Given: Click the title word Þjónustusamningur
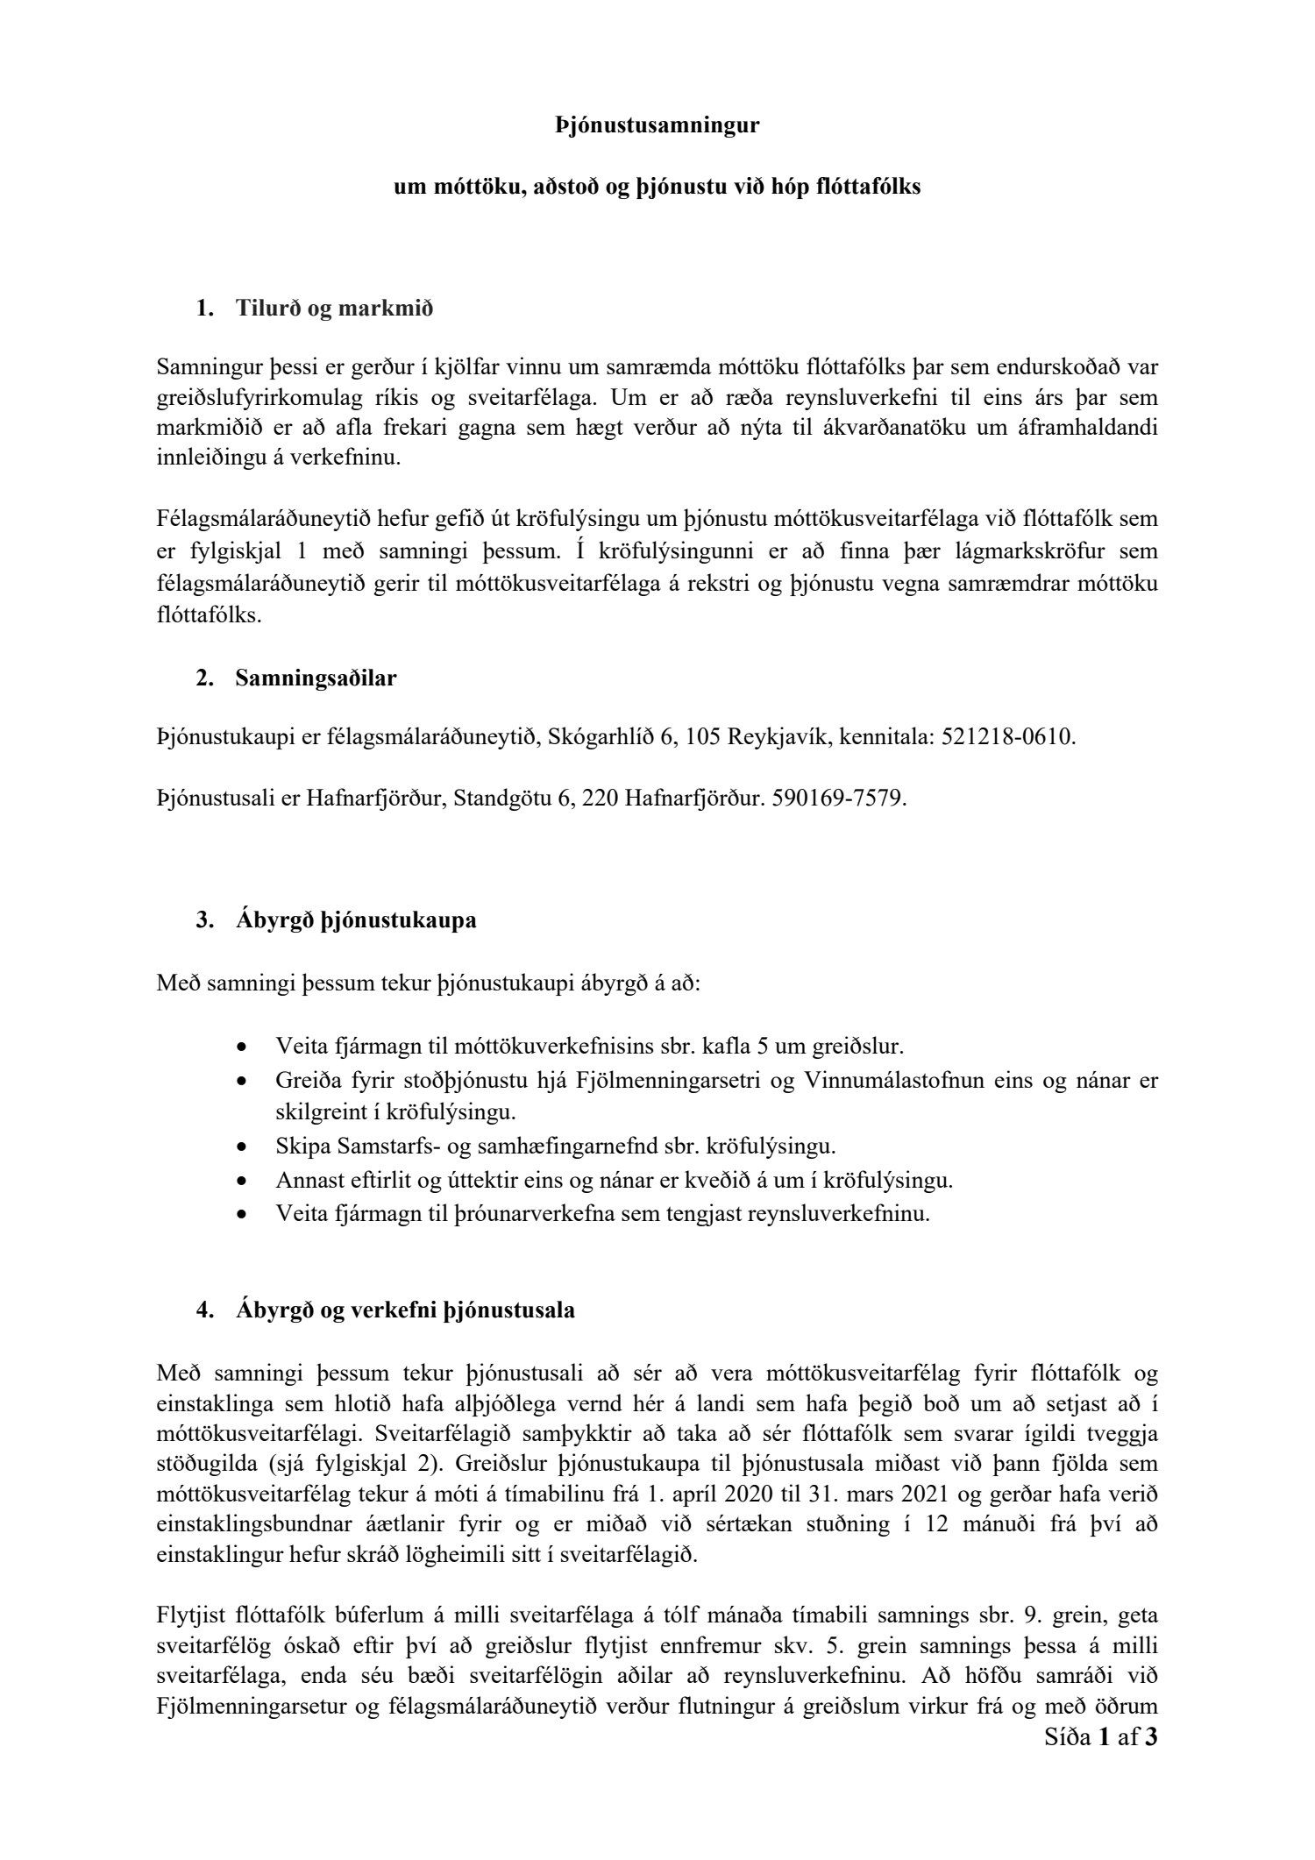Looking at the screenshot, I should [657, 126].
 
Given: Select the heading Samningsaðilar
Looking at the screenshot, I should [316, 678].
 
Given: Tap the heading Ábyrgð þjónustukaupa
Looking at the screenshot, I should [356, 921].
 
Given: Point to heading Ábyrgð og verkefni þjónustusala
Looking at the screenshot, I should [405, 1311].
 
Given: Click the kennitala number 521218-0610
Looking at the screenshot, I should [1007, 737].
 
